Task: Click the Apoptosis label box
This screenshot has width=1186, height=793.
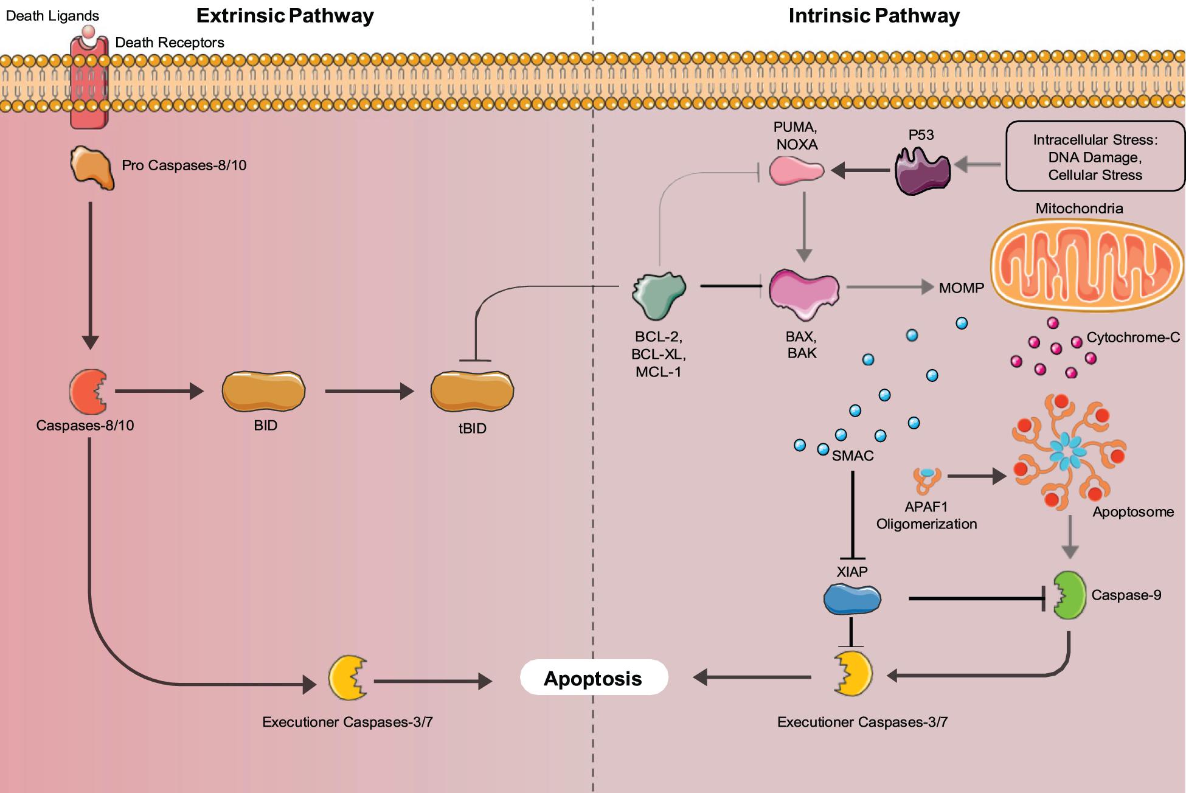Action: (x=594, y=677)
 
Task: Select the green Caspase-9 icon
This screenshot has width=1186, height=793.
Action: (x=1069, y=595)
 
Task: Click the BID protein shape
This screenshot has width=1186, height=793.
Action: (x=263, y=391)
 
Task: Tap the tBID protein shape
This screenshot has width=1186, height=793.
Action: (x=472, y=391)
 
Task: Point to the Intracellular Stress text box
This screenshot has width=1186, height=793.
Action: (x=1095, y=157)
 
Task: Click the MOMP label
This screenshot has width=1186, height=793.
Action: (x=961, y=288)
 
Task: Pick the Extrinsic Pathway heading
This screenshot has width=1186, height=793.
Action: (x=285, y=16)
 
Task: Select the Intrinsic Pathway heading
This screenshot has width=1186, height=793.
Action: (x=874, y=16)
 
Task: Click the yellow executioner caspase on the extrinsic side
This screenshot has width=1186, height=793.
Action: (x=347, y=677)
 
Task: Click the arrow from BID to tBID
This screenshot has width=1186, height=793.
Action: (x=369, y=391)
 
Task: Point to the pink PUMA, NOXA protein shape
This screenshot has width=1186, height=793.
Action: (x=796, y=171)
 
